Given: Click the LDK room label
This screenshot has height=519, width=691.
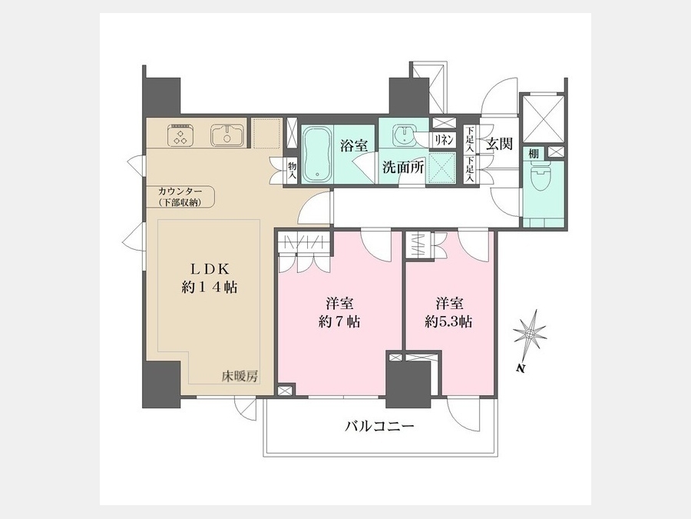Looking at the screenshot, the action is [210, 269].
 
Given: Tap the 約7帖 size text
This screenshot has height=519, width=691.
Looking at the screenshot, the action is [339, 321].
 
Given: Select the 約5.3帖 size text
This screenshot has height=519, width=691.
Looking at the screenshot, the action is [448, 321].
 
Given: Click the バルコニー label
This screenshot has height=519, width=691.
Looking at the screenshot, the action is [379, 427].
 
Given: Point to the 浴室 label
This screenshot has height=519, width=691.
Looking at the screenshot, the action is [354, 145].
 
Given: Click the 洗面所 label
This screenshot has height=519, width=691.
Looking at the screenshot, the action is [403, 168].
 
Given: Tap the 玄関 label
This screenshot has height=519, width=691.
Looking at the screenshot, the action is [499, 144].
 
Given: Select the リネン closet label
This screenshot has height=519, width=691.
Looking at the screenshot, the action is [444, 141].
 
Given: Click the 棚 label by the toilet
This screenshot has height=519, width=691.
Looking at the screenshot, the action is [534, 154].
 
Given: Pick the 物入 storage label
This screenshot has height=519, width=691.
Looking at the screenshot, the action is [293, 171].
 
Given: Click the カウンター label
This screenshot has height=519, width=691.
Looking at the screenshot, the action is [180, 192].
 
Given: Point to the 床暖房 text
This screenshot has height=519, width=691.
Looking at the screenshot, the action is [240, 377].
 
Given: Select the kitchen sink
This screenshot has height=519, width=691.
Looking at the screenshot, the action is [227, 135].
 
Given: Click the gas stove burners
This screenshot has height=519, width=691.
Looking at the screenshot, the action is [180, 135].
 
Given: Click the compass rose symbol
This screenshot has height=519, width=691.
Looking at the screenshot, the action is [530, 333].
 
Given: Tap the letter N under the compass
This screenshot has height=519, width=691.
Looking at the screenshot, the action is [521, 369].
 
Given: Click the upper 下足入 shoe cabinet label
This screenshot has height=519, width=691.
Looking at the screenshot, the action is [470, 139].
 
